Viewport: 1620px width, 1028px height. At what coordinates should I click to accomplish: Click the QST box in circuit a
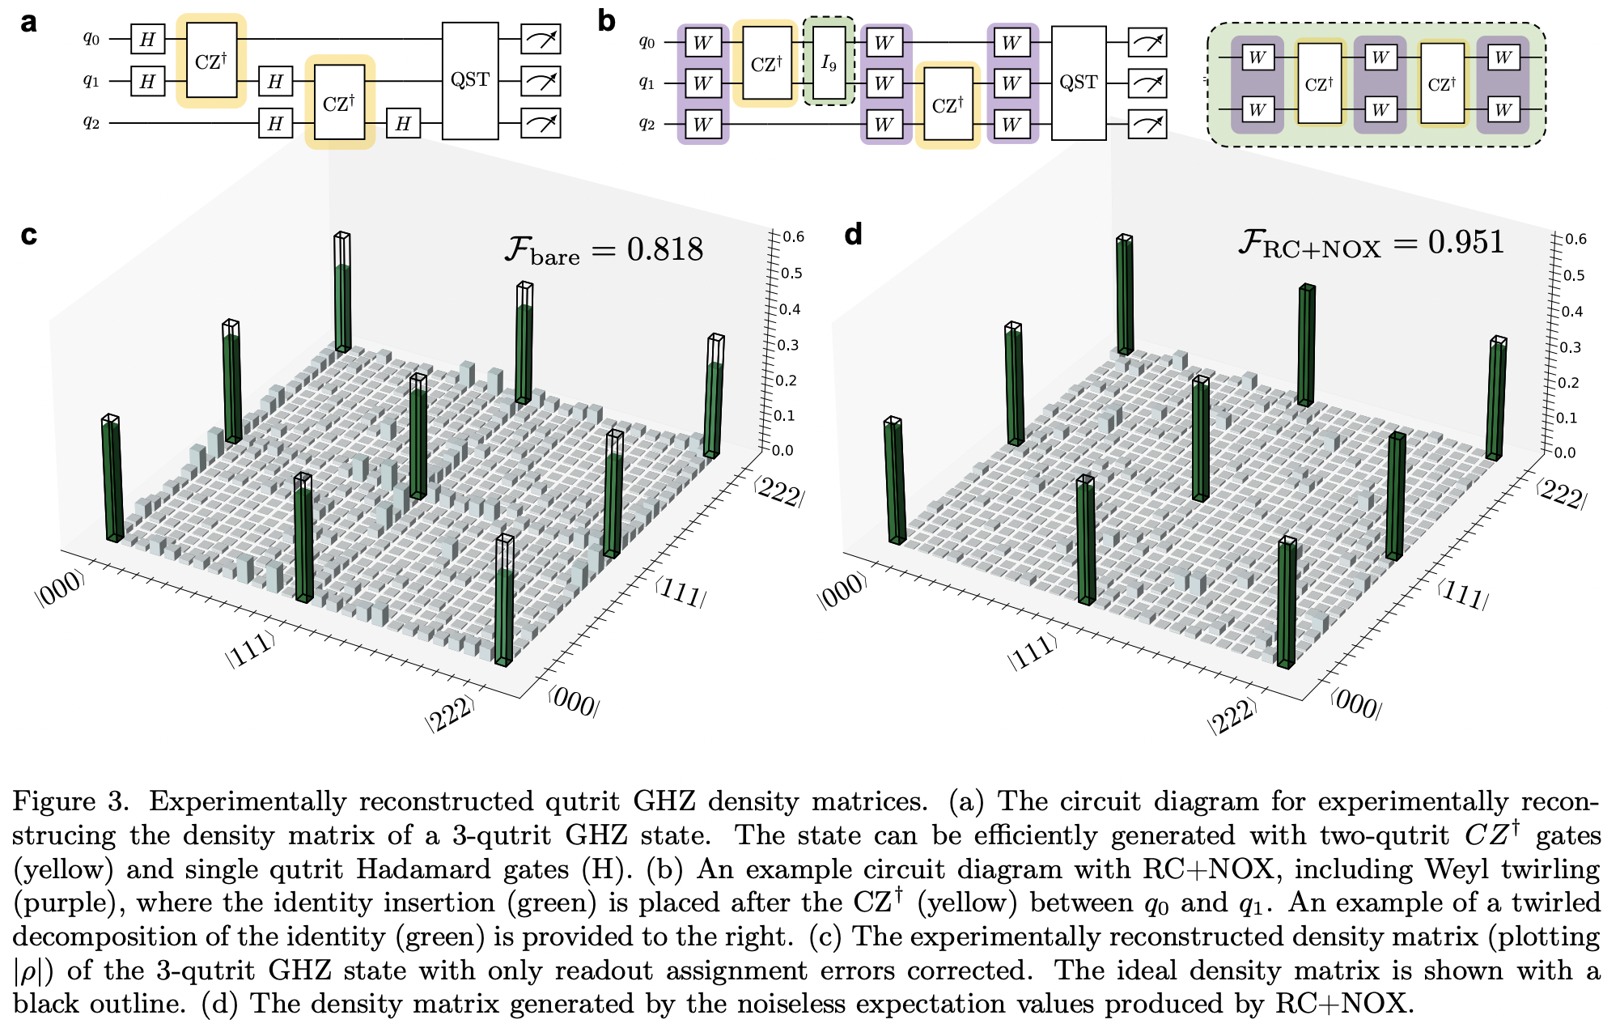coord(470,80)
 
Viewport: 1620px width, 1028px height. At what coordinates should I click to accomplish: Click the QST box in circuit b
coord(1078,83)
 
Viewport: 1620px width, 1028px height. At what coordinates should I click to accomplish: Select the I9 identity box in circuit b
coord(829,62)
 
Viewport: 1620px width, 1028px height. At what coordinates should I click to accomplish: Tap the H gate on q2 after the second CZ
coord(403,124)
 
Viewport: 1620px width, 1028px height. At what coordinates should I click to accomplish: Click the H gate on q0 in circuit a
coord(147,39)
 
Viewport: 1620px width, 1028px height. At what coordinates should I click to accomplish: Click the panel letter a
coord(29,22)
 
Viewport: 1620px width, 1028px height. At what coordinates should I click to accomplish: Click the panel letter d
coord(853,235)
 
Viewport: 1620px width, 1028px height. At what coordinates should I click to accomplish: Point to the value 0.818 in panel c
coord(664,249)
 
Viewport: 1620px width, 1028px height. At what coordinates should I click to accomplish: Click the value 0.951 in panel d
coord(1465,242)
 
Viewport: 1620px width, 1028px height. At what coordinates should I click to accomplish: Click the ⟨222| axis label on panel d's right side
coord(1561,494)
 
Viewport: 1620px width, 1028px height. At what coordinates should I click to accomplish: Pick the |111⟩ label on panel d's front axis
coord(1032,652)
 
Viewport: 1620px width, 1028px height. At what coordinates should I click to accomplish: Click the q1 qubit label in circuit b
coord(647,83)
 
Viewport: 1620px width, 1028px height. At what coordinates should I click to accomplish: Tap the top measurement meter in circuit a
coord(541,39)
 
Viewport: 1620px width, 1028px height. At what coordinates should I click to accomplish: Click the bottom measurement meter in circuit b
coord(1147,124)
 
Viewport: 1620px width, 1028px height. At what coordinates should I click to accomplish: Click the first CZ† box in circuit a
coord(211,62)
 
